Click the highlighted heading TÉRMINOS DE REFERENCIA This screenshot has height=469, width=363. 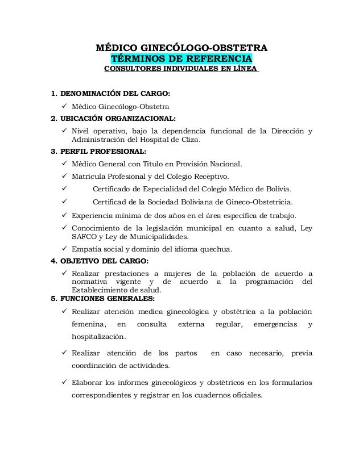click(181, 59)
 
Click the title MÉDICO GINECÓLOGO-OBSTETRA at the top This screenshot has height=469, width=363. click(181, 47)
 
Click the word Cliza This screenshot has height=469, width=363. click(197, 139)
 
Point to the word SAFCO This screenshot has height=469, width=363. click(84, 236)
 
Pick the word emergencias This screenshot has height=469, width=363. click(267, 324)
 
